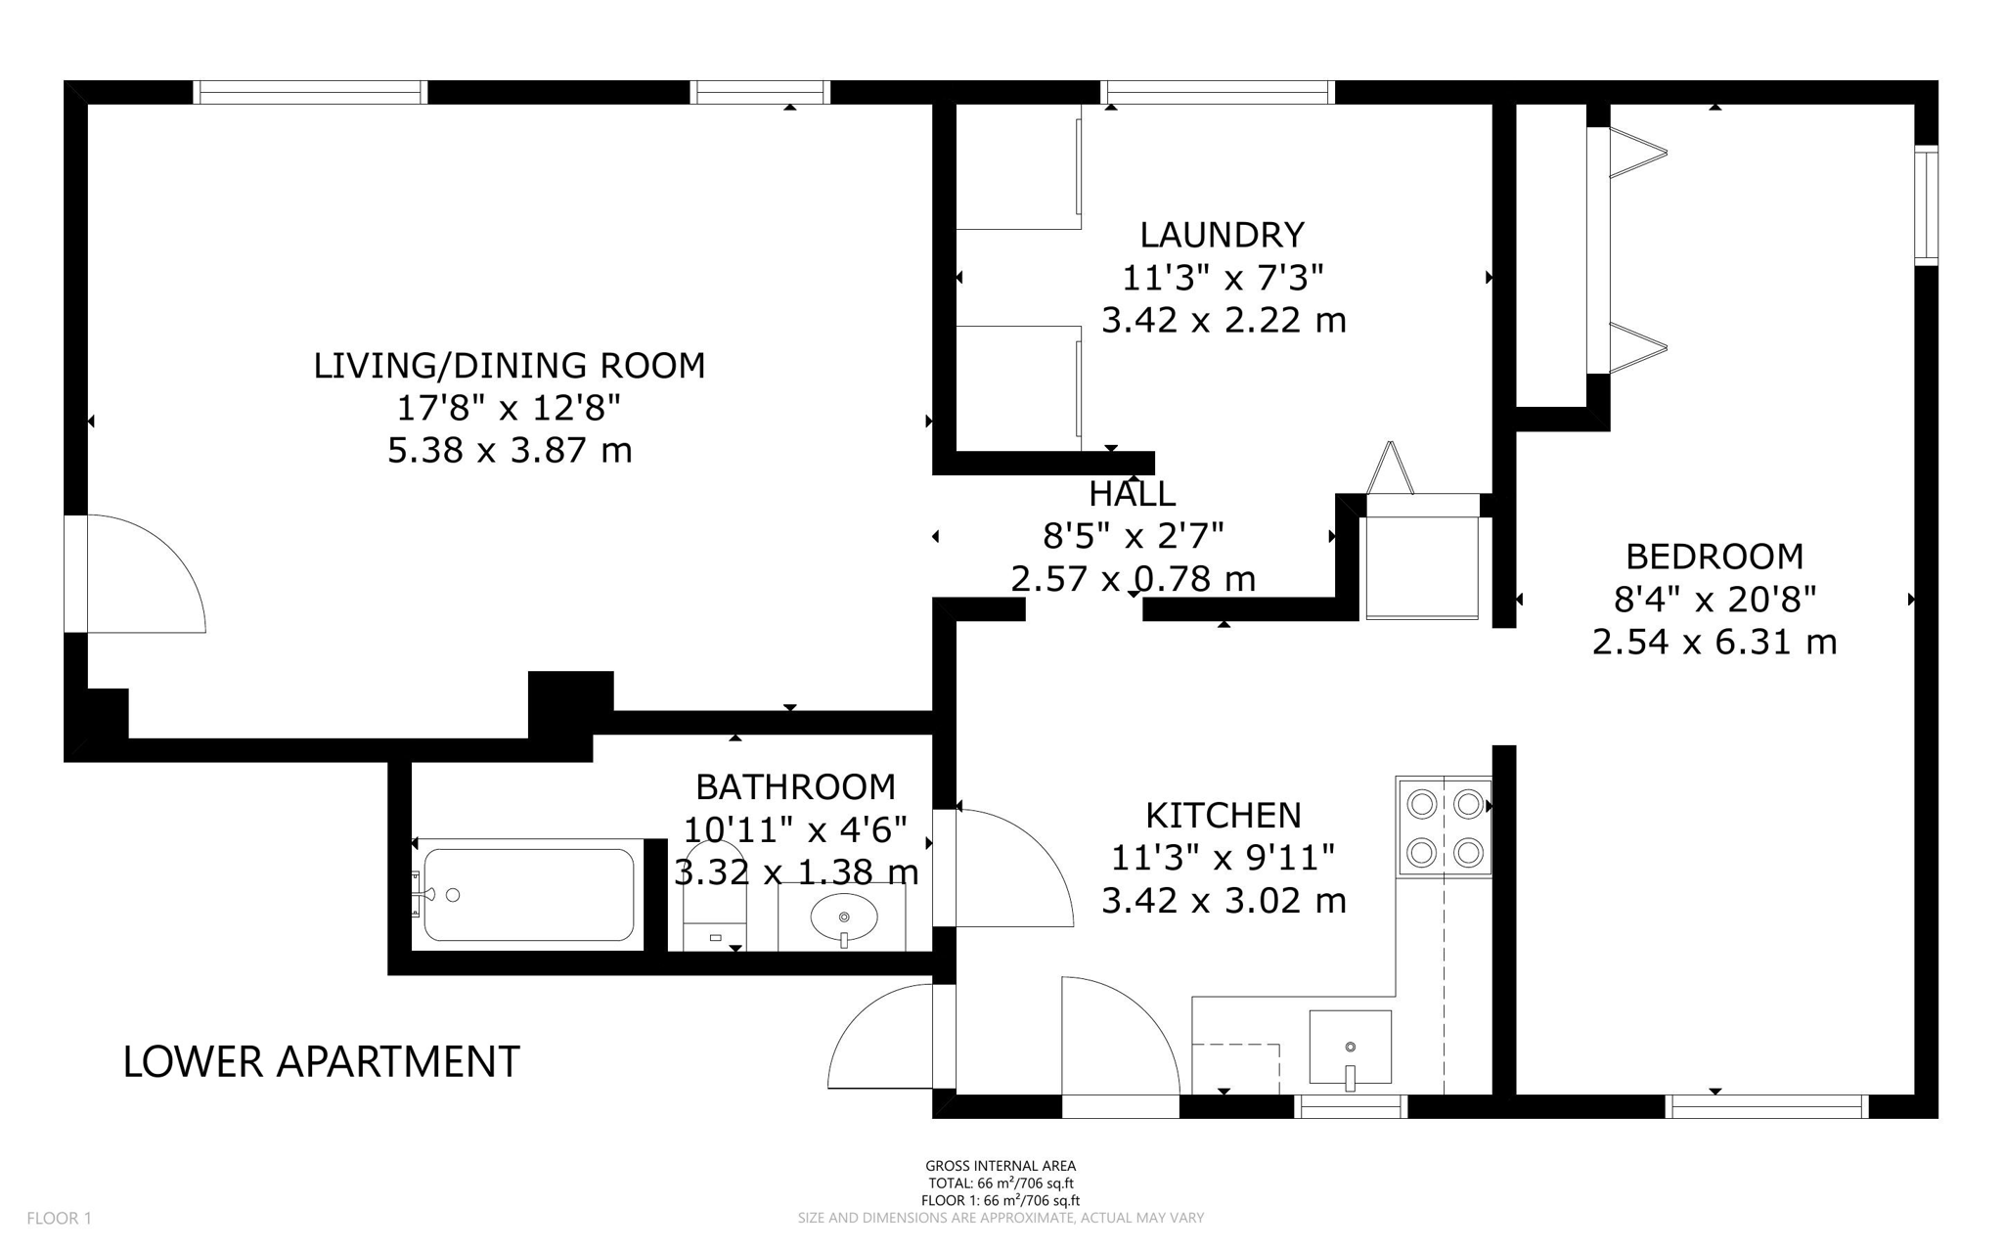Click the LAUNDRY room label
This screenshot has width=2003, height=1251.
1223,235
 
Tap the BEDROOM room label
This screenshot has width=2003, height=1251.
1714,557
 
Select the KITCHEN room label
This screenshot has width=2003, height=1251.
1224,815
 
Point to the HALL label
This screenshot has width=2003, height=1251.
1133,494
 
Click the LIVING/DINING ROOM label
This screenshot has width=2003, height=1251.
510,366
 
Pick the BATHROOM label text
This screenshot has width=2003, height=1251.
795,786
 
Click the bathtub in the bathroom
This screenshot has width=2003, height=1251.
528,895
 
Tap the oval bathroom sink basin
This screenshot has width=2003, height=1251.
844,917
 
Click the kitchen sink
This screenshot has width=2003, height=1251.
1350,1048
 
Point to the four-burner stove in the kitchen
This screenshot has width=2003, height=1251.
1445,827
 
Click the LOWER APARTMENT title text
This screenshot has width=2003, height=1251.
321,1062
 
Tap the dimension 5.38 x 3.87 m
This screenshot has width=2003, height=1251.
510,451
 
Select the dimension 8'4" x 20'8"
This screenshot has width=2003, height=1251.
1714,599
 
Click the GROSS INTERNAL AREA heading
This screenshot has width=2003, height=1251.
1001,1166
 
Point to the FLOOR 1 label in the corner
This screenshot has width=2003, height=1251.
59,1219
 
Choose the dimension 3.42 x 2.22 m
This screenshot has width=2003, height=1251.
1224,321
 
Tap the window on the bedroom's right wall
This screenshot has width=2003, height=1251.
1926,205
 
